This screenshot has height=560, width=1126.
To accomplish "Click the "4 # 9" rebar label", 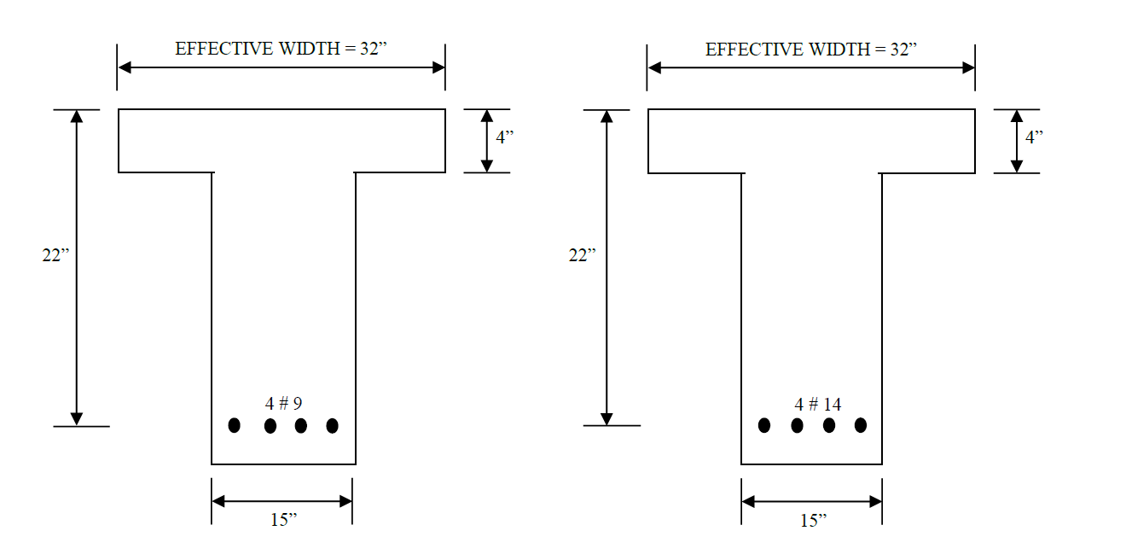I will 283,404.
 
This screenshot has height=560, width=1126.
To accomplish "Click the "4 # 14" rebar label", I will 817,404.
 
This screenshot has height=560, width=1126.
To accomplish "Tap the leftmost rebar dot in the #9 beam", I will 235,425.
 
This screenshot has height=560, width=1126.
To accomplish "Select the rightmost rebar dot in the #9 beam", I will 332,425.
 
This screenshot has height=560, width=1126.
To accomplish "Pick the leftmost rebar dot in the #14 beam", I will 764,425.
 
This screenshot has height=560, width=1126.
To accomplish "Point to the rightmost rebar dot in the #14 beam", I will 861,425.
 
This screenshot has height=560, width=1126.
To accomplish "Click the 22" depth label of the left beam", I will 55,254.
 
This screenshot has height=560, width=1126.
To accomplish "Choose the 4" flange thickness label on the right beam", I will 1035,137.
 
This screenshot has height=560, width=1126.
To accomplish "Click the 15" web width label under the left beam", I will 284,520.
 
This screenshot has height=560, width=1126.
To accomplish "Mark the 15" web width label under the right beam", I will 813,520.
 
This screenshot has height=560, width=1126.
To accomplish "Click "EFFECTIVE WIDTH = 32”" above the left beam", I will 281,50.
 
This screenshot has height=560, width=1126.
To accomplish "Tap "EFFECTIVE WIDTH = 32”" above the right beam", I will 811,50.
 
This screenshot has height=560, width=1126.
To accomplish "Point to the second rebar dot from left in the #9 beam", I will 270,425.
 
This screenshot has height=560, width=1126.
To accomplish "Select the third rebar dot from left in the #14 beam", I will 829,425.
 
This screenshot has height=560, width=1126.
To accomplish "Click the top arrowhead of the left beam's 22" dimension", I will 77,117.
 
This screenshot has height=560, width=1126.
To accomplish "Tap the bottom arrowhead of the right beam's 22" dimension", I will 607,418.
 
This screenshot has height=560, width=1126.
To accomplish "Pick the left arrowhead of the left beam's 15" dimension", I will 219,501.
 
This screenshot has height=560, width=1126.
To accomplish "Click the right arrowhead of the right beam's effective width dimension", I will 968,67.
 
